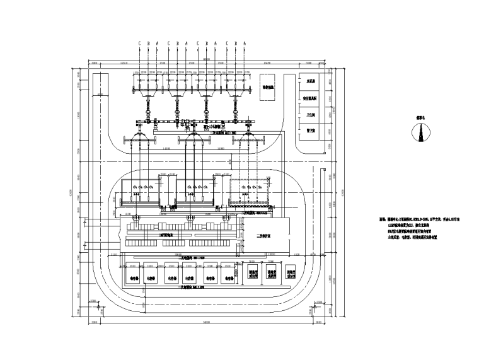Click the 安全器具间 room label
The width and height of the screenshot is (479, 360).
pyautogui.click(x=311, y=99)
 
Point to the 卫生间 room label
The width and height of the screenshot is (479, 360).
pyautogui.click(x=311, y=115)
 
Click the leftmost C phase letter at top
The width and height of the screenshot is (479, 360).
pyautogui.click(x=139, y=44)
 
